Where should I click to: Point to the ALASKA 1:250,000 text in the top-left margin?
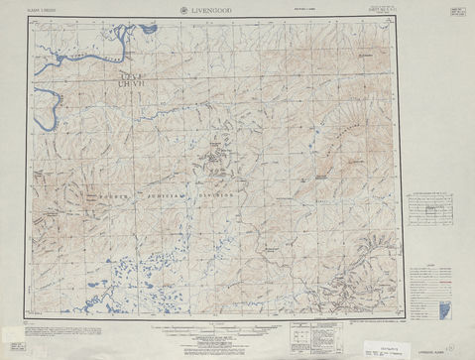pyautogui.click(x=44, y=10)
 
